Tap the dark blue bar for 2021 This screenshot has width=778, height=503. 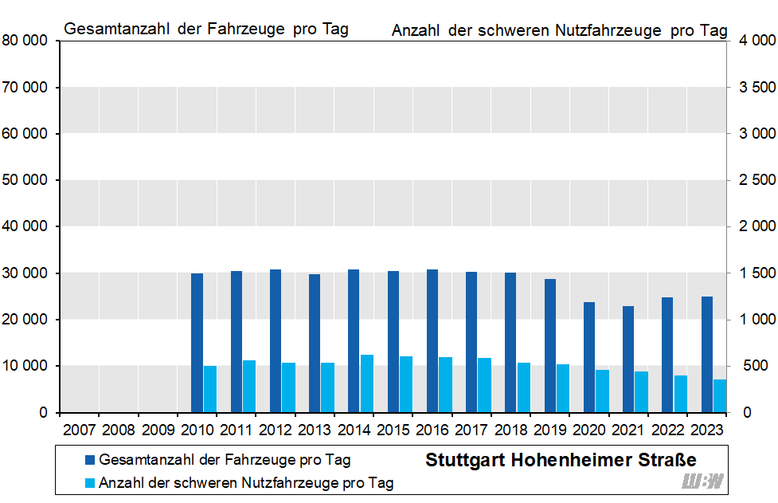pyautogui.click(x=628, y=359)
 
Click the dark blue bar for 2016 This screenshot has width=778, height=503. pyautogui.click(x=432, y=340)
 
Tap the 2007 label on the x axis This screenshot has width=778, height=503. pyautogui.click(x=80, y=430)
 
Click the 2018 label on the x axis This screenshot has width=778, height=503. pyautogui.click(x=510, y=430)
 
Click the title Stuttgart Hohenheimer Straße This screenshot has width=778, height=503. pyautogui.click(x=561, y=460)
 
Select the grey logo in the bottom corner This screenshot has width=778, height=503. pyautogui.click(x=703, y=481)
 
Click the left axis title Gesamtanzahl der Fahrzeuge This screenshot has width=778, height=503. pyautogui.click(x=205, y=29)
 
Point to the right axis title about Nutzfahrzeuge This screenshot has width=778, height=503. pyautogui.click(x=559, y=30)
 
